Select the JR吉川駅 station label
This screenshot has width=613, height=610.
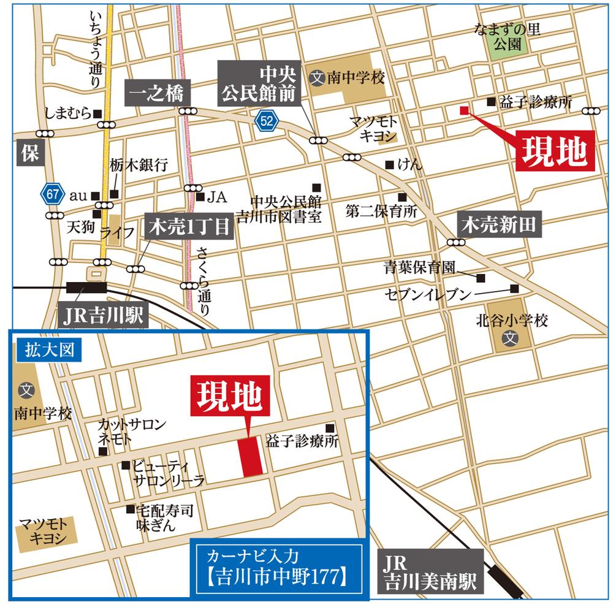point(104,316)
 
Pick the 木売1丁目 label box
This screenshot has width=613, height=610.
point(188,227)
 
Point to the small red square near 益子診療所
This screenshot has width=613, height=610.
point(463,110)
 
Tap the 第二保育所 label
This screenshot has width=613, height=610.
point(381,212)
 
